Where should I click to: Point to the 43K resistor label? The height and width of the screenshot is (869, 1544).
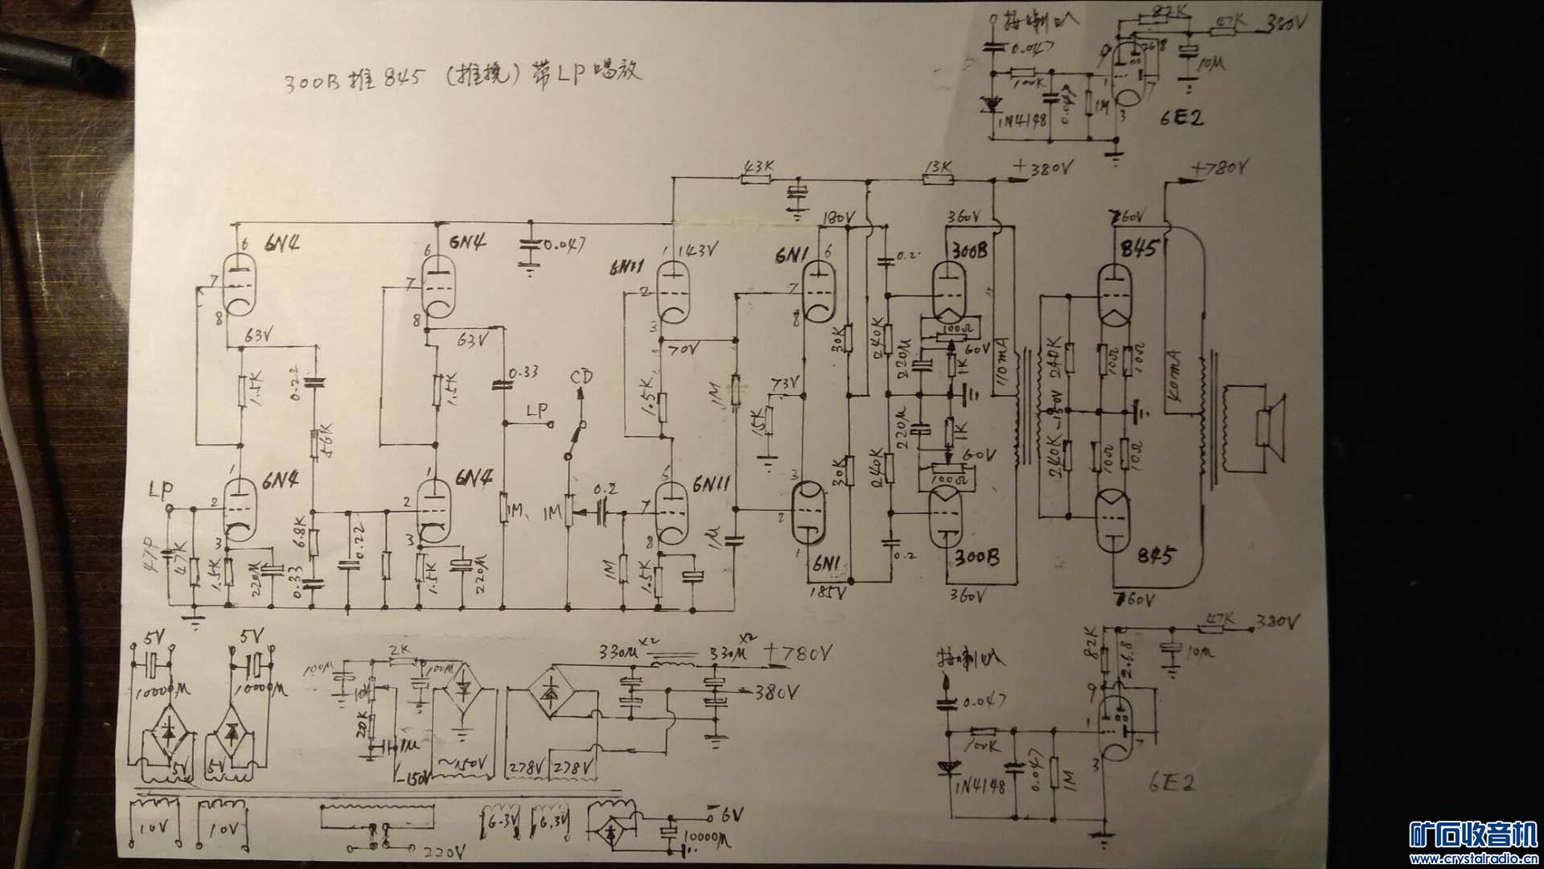coord(759,167)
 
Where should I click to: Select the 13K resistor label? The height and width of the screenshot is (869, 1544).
coord(938,167)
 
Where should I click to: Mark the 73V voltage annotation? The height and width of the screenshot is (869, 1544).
coord(786,381)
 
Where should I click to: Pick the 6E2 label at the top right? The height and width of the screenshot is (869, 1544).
coord(1181,118)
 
